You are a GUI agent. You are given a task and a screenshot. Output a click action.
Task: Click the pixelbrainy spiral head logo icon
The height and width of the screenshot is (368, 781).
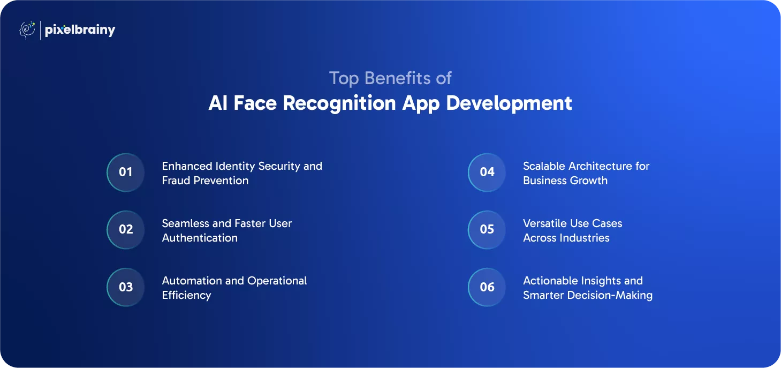click(x=27, y=30)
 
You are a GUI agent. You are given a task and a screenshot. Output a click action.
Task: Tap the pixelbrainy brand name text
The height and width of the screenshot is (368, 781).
click(x=80, y=31)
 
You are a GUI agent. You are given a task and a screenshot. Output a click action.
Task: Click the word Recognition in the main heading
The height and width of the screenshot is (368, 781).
click(x=339, y=103)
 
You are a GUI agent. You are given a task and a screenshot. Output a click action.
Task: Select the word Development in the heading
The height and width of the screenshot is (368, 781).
click(x=509, y=103)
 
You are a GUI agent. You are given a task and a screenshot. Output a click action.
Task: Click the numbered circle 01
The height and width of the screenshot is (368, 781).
click(x=125, y=172)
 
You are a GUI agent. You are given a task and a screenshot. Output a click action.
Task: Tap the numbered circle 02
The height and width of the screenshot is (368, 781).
click(x=125, y=229)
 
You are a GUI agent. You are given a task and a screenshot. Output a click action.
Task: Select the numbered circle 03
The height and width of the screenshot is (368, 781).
click(x=125, y=287)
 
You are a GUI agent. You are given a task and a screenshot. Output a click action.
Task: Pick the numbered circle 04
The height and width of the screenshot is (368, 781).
click(x=487, y=172)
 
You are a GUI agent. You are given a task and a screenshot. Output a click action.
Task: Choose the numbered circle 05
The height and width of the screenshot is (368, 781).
click(x=487, y=229)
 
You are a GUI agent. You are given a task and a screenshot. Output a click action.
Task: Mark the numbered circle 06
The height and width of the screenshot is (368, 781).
click(x=487, y=287)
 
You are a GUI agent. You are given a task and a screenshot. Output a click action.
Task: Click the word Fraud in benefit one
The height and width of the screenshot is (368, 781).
click(x=176, y=181)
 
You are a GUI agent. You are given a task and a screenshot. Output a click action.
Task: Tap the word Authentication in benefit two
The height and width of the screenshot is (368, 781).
click(x=200, y=238)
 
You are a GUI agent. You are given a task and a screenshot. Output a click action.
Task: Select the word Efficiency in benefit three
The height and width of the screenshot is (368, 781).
click(x=186, y=296)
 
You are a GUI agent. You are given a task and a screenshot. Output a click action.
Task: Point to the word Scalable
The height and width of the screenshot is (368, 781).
click(x=544, y=166)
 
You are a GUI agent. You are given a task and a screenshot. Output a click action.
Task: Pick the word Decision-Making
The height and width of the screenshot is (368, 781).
click(x=610, y=296)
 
